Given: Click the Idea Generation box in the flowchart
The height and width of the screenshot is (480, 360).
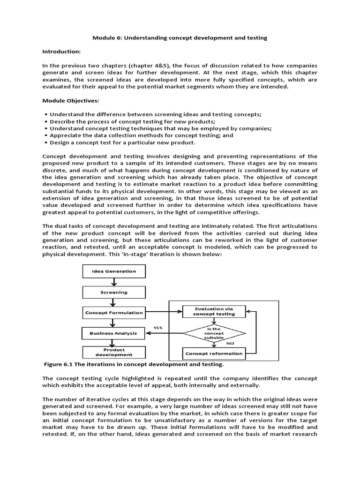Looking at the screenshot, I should pos(113,271).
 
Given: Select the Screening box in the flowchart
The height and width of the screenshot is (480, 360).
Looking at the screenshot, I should pos(113,292).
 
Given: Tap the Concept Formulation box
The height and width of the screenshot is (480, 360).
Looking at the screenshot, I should pos(113,312).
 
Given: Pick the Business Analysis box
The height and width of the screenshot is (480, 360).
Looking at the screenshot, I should pos(113,333).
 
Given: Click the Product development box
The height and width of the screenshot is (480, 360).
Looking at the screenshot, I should pos(113,352).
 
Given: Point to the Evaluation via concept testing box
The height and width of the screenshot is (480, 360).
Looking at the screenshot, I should pos(213,311).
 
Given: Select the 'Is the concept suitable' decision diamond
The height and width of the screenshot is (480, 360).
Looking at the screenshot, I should pos(213,333).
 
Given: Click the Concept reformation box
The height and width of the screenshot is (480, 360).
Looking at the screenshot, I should pos(214,353).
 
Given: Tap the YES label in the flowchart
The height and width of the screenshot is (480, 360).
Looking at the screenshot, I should pos(158,328).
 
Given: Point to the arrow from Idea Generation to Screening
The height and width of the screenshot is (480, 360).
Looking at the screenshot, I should pos(113,281).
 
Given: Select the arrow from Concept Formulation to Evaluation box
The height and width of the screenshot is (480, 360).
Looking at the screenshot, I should pos(162,312).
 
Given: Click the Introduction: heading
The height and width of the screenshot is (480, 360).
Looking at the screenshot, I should pos(62,51).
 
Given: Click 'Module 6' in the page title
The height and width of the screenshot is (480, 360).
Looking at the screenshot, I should pos(117,38).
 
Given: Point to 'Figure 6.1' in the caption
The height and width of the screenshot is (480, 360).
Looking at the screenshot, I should pos(59,364).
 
